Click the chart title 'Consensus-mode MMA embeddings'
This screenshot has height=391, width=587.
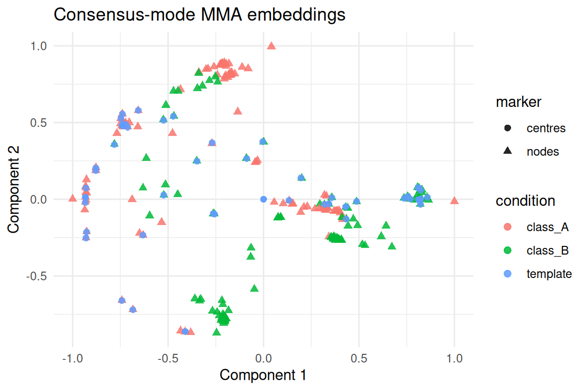point(199,15)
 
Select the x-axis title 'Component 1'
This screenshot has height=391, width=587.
point(263,375)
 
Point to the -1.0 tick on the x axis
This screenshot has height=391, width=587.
point(72,358)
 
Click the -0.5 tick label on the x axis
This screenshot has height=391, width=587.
point(168,358)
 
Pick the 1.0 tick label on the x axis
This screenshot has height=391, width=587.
point(455,358)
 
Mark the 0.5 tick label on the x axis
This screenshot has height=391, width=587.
point(359,358)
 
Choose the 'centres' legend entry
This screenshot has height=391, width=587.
point(546,128)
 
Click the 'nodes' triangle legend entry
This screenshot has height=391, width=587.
point(543,152)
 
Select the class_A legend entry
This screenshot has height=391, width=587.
point(547,227)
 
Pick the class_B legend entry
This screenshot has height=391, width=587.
point(547,250)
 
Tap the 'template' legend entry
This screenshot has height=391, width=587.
point(549,274)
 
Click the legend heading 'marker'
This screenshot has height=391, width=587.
point(518,102)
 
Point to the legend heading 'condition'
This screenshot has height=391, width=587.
point(525,201)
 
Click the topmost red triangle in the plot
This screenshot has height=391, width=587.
point(272,46)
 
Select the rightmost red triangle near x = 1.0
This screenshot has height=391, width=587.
point(455,201)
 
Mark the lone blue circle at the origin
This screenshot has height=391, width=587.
point(263,199)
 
